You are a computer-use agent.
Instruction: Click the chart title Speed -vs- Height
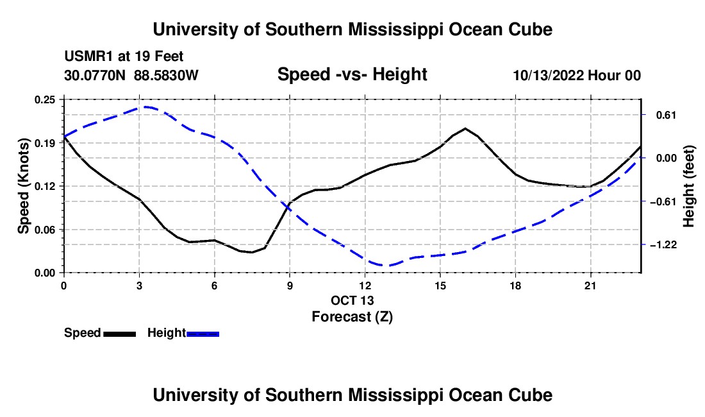coord(352,74)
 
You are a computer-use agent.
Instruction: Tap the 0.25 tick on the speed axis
coord(45,100)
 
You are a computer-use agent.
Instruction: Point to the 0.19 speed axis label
coord(45,143)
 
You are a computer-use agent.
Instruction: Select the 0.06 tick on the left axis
coord(45,230)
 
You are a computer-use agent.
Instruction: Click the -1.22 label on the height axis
coord(663,244)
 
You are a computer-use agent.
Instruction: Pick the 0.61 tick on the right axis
coord(667,115)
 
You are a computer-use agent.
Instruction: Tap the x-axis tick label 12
coord(365,285)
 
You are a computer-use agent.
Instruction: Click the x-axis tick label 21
coord(590,285)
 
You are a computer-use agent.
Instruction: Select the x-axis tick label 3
coord(139,285)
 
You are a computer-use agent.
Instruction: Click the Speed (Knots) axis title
coord(23,186)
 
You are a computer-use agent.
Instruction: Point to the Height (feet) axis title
coord(688,186)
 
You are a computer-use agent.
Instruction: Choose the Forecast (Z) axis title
coord(352,317)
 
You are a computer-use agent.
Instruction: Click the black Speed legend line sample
coord(120,334)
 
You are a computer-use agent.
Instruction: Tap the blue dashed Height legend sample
coord(203,334)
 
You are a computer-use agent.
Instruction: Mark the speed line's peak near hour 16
coord(465,129)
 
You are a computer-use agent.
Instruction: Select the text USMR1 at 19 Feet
coord(124,56)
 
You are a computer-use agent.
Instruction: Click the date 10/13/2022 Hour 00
coord(577,75)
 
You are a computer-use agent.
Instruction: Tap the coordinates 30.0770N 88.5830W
coord(131,75)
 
